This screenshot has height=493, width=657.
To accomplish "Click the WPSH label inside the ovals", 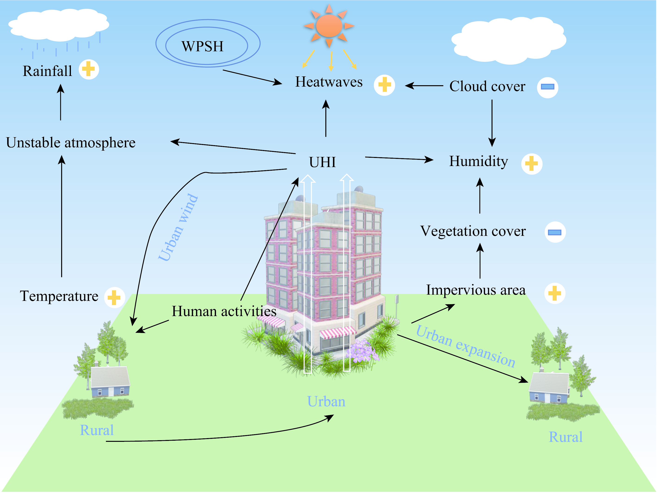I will (202, 46).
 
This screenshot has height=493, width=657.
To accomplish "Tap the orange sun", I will (329, 26).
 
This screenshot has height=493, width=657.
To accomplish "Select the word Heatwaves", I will (329, 82).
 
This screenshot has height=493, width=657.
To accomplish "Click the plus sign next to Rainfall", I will (89, 69).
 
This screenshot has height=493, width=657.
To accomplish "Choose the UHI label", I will (322, 162).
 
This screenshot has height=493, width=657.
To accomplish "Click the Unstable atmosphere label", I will (71, 143).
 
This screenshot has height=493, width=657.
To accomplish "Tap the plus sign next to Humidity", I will (531, 163).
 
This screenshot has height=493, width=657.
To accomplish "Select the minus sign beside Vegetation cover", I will (555, 232).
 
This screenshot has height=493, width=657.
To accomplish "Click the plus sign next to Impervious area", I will (554, 293).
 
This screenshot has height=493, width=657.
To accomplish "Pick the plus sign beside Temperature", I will (114, 297).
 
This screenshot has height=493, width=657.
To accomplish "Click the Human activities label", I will (224, 311).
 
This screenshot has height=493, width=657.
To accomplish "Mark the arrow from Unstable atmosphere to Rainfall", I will (60, 102).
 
